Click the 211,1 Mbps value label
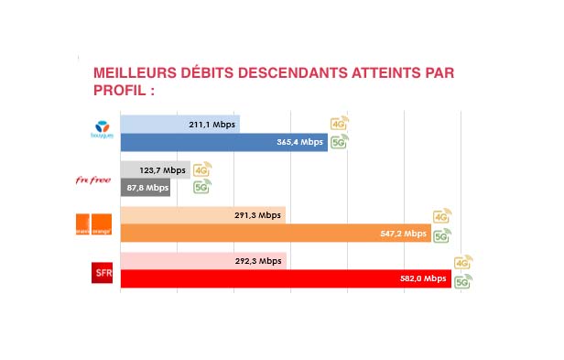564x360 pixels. [211, 124]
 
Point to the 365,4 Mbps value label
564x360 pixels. [300, 142]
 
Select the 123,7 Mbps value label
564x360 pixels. [162, 170]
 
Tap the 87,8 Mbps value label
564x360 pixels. [146, 188]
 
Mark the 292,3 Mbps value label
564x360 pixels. [258, 261]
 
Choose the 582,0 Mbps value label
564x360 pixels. [424, 279]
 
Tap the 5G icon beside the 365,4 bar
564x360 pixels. [339, 142]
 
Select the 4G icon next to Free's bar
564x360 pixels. [201, 169]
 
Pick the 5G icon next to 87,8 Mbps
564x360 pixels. [201, 188]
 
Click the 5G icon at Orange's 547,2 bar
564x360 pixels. [442, 235]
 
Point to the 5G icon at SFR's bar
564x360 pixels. [463, 280]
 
